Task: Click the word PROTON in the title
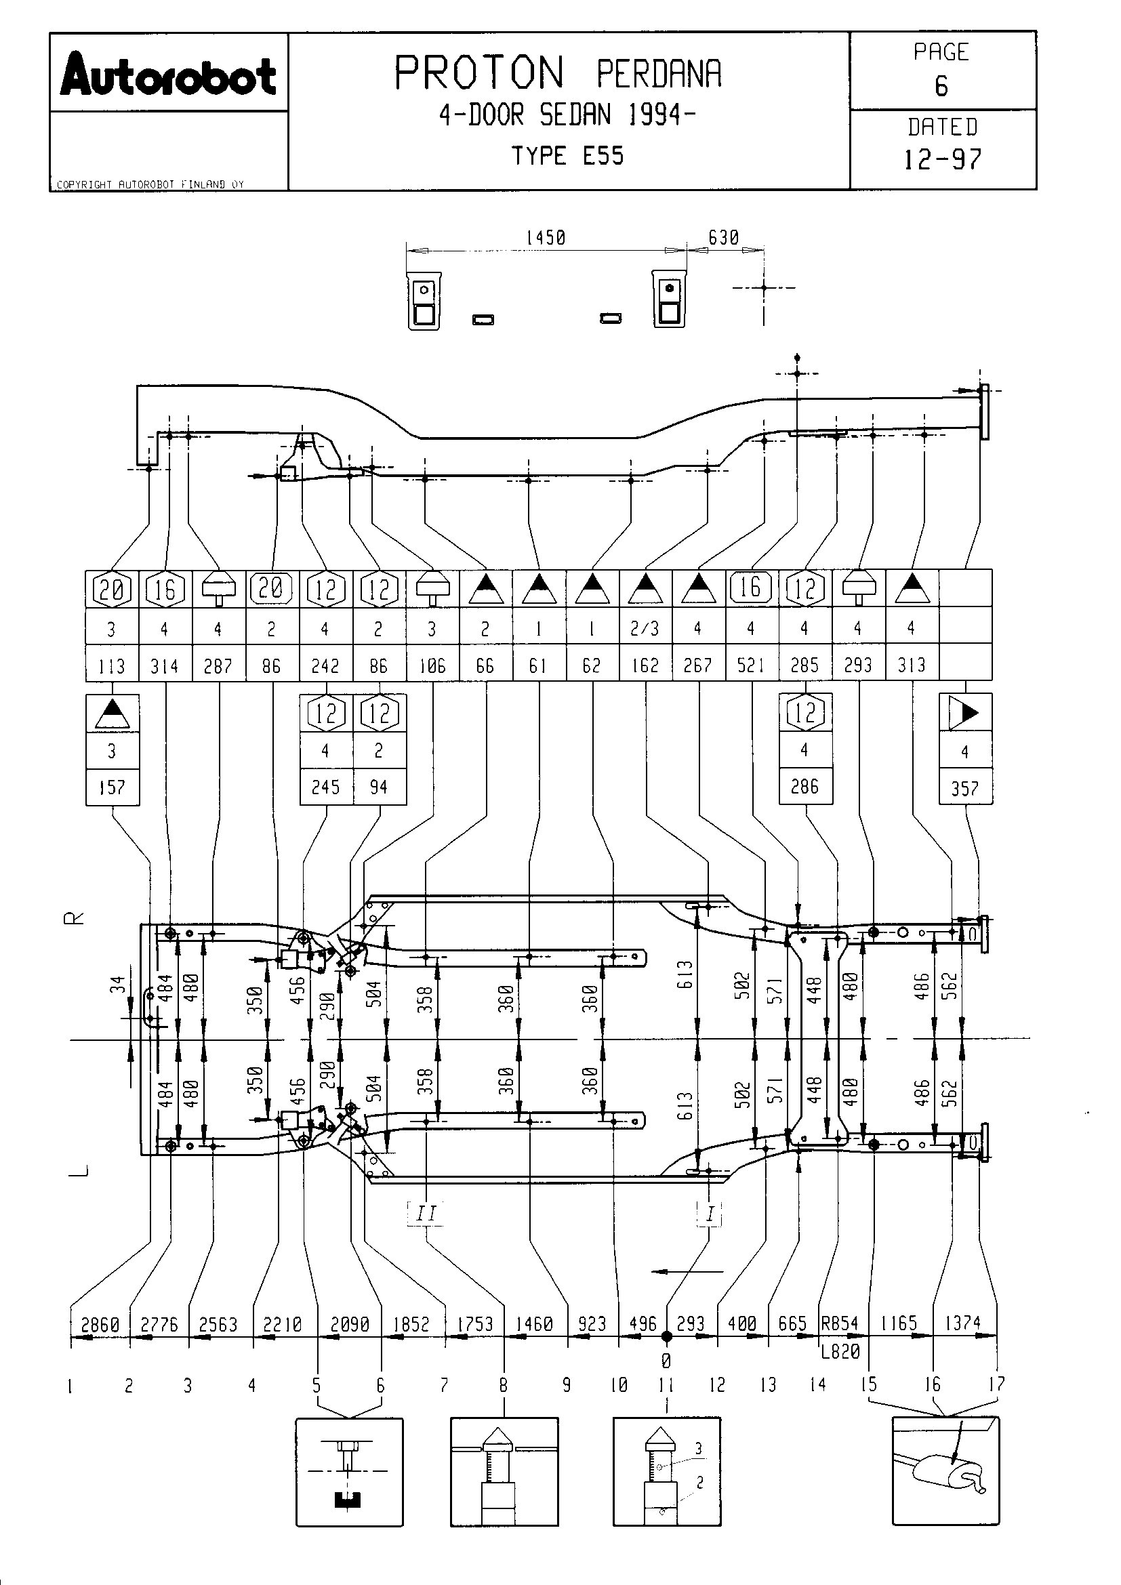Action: point(479,73)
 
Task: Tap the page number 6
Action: point(941,86)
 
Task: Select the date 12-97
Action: point(942,159)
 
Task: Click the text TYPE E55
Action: point(567,156)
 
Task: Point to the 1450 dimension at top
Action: point(546,238)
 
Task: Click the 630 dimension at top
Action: point(723,238)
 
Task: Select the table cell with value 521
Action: point(751,665)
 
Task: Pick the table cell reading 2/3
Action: point(645,628)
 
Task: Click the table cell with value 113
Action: point(112,665)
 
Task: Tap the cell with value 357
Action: point(965,787)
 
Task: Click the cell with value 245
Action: point(326,787)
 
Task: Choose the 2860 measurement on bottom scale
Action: point(101,1324)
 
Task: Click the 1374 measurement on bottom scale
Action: point(962,1323)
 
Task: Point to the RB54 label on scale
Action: point(839,1323)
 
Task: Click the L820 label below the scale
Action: point(840,1351)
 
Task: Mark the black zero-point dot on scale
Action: point(666,1336)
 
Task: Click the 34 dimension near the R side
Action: point(118,983)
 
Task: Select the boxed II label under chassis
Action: point(426,1213)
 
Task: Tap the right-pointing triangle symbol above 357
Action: point(965,712)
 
